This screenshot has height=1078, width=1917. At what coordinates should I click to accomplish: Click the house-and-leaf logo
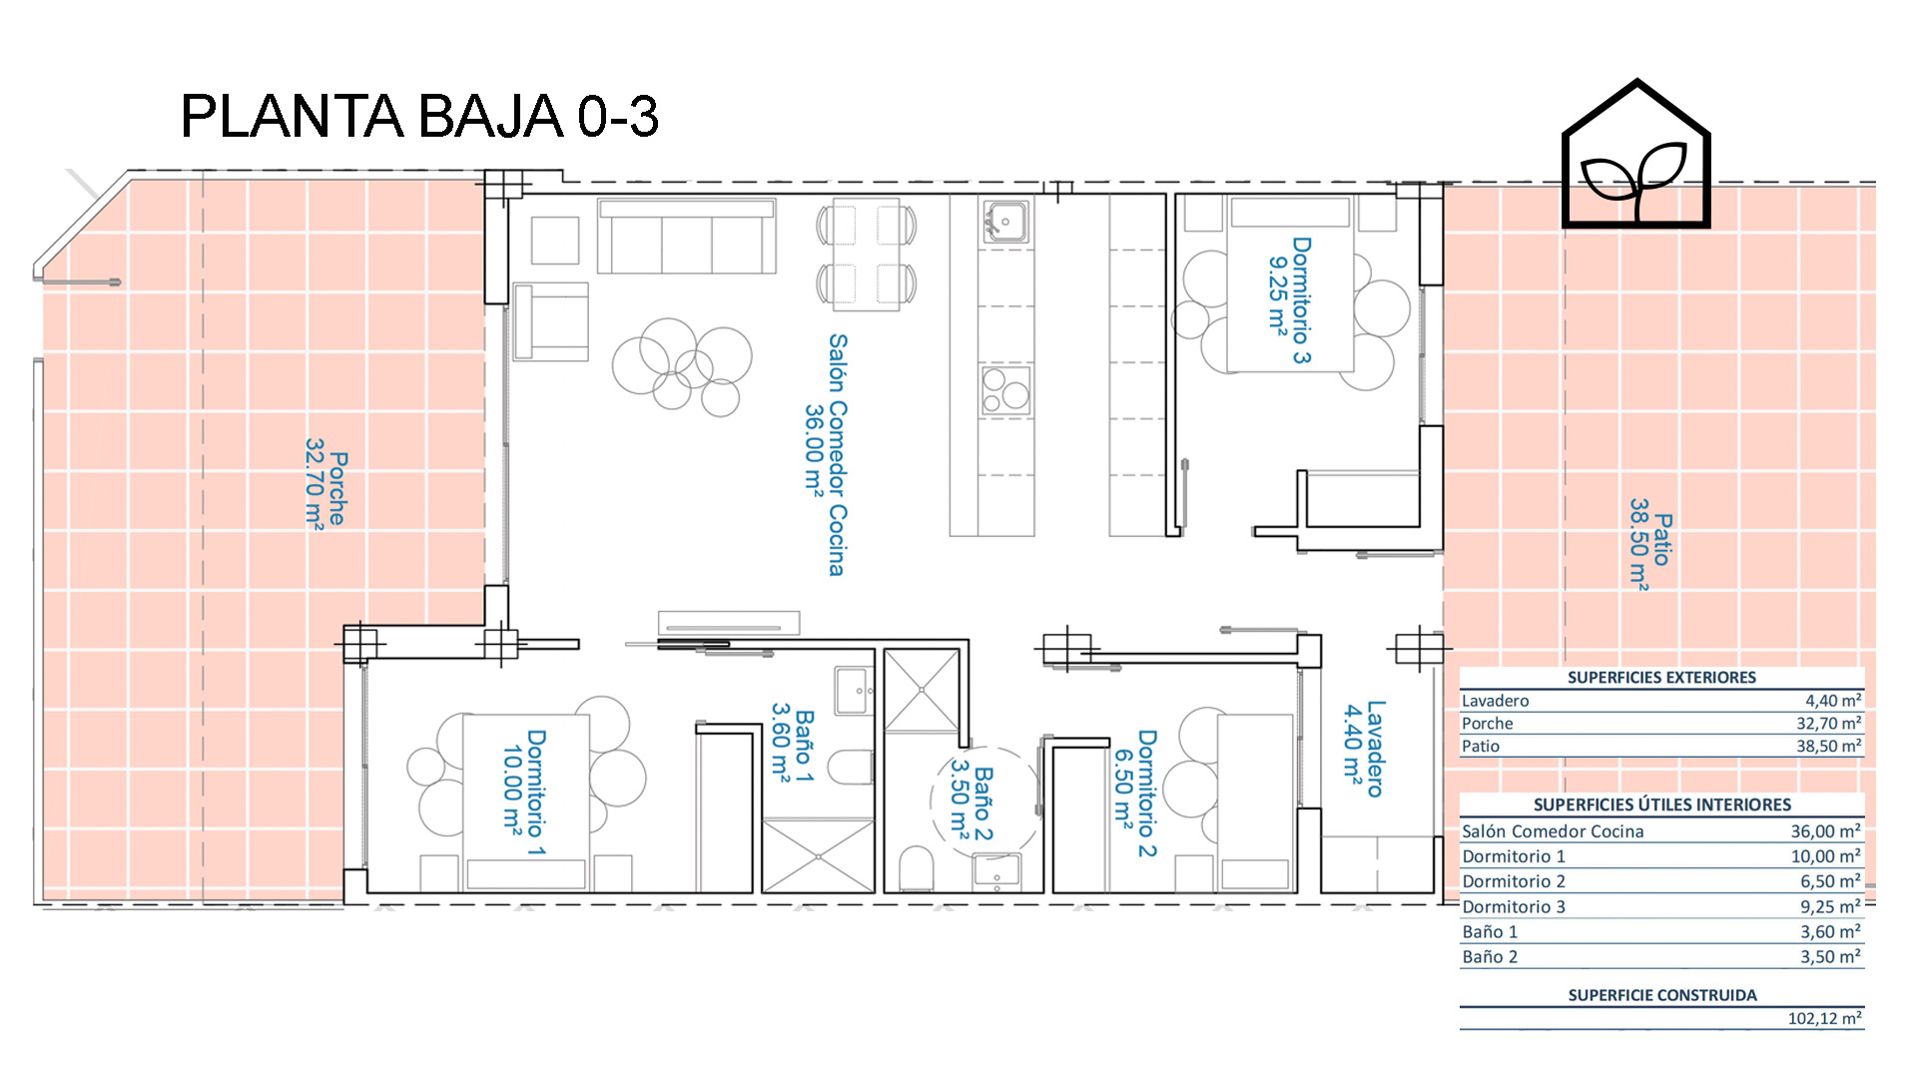point(1636,155)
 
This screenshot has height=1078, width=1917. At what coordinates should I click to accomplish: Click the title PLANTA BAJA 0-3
point(419,116)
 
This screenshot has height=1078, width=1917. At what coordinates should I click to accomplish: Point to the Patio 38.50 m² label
point(1649,544)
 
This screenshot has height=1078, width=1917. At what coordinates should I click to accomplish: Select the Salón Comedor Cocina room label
point(827,454)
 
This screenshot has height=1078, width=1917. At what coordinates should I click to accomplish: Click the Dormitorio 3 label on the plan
point(1289,299)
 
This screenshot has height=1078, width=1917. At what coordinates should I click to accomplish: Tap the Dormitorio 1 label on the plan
point(524,793)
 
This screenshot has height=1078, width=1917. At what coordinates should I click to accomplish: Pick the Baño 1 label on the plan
point(793,744)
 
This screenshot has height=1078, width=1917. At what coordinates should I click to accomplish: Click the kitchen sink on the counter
point(1005,222)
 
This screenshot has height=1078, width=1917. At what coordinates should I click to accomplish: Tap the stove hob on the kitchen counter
point(1005,390)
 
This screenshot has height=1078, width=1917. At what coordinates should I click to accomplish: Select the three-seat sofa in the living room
point(686,237)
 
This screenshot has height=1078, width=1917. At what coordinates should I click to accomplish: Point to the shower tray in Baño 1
point(818,855)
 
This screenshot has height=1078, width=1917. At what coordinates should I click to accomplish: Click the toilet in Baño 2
point(917,867)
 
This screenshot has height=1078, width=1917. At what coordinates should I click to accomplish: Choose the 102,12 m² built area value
point(1824,1018)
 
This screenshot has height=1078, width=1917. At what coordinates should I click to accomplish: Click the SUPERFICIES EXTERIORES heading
point(1661,678)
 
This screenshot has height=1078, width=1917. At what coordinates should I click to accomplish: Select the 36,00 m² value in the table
point(1825,831)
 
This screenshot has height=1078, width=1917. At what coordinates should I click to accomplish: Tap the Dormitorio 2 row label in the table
point(1514,881)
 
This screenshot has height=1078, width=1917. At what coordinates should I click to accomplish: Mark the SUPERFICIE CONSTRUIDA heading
point(1662,995)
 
